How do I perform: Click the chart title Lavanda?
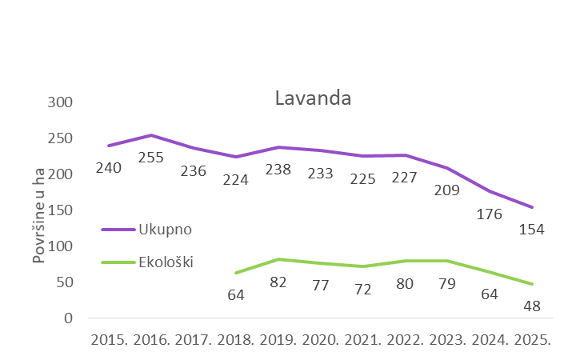[313, 98]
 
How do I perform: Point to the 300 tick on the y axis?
[62, 102]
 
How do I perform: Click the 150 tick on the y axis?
[62, 210]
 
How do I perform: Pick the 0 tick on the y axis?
[69, 318]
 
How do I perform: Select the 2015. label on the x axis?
[110, 339]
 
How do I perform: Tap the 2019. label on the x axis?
[278, 339]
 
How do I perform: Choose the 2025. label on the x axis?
[530, 339]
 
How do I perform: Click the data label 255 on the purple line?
[150, 158]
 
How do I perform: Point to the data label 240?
[109, 168]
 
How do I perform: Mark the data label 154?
[530, 230]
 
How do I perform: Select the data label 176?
[488, 214]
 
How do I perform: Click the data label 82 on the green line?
[278, 283]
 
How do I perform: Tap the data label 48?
[530, 306]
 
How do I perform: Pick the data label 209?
[446, 190]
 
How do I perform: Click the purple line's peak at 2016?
[151, 135]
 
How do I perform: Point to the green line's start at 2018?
[235, 272]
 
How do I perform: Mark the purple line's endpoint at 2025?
[531, 207]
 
